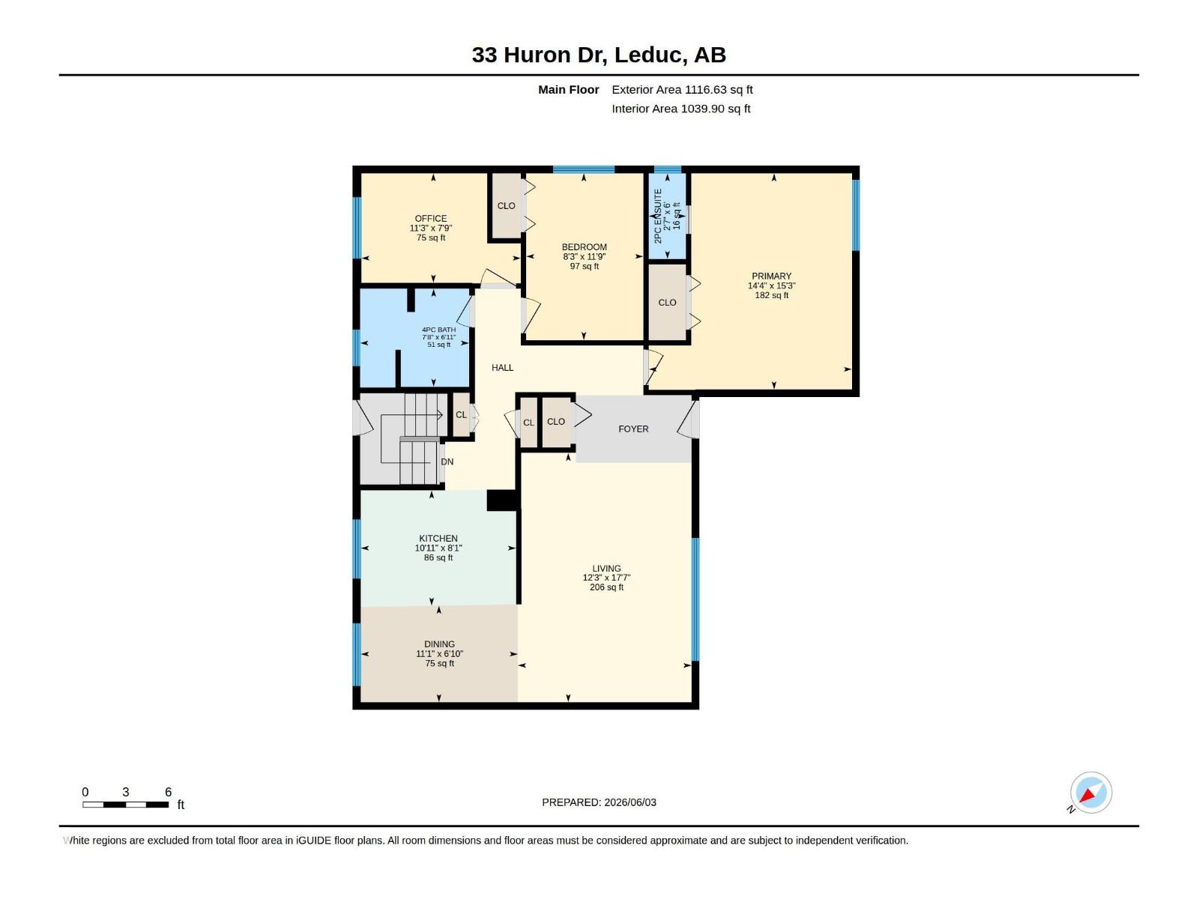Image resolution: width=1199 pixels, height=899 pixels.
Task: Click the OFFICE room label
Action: [x=430, y=218]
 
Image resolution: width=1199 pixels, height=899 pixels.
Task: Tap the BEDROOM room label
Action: [x=584, y=246]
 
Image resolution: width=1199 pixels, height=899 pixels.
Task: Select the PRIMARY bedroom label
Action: [x=771, y=276]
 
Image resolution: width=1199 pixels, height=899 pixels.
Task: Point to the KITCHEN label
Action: [x=438, y=538]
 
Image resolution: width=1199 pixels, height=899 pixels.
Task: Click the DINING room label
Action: [x=439, y=644]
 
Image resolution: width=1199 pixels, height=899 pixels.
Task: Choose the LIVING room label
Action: [x=606, y=568]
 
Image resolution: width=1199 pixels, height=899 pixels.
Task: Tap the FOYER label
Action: [x=633, y=429]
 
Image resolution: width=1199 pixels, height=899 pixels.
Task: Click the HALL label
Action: [x=502, y=368]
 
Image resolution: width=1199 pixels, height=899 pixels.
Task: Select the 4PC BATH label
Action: [x=438, y=330]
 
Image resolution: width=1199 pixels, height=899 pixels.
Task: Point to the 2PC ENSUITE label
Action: [x=658, y=217]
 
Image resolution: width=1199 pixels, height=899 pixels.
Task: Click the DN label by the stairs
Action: [x=447, y=461]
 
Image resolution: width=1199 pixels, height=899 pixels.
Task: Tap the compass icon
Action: [x=1091, y=793]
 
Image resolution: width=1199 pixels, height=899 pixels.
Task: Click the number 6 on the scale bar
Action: [x=169, y=792]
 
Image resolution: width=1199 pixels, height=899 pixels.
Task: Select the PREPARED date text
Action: [x=599, y=802]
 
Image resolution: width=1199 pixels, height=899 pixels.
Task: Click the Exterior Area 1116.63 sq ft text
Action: [x=682, y=89]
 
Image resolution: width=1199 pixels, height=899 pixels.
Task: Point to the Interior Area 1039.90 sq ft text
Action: [x=680, y=109]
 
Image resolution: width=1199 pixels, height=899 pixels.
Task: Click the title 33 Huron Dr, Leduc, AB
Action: [x=599, y=55]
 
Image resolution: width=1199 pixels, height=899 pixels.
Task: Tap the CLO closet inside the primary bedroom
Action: [x=667, y=303]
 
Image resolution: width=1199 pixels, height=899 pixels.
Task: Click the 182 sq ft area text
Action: [x=771, y=295]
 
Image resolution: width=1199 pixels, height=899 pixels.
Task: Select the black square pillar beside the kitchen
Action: [x=502, y=500]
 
